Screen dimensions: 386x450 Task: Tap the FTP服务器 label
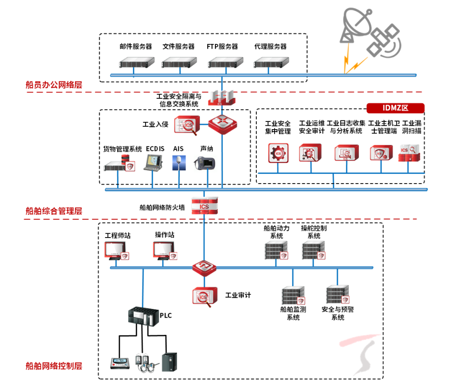click(222, 47)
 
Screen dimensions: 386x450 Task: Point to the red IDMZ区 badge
click(395, 108)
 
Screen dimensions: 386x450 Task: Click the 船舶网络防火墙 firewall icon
click(205, 206)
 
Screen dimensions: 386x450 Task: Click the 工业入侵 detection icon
click(186, 125)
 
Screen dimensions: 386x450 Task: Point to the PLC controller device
click(143, 316)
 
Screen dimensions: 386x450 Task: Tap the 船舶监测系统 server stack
click(293, 295)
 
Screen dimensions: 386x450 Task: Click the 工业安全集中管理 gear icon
click(278, 152)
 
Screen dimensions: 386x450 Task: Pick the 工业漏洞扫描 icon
click(411, 152)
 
